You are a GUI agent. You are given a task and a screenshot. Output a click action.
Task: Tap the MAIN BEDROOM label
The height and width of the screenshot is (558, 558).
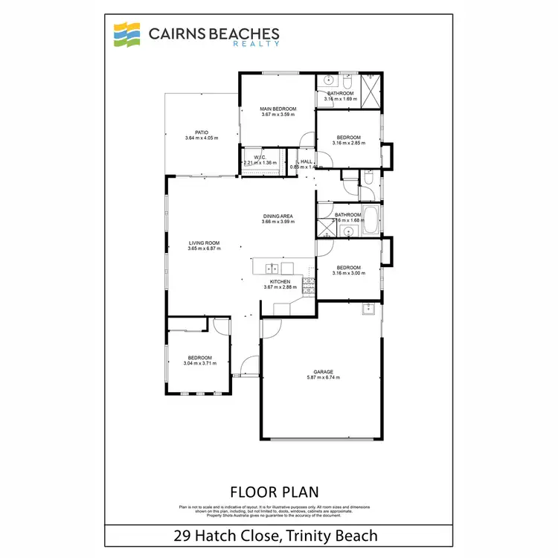[x=279, y=109]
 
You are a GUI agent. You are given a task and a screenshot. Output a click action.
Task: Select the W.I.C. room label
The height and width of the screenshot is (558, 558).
[x=260, y=158]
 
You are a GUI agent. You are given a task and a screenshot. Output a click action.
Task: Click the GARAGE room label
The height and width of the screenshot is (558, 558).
[x=323, y=372]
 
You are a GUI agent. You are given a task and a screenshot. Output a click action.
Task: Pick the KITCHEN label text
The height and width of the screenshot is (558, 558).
[x=280, y=282]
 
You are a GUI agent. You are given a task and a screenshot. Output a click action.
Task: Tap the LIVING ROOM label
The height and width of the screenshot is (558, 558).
[x=204, y=243]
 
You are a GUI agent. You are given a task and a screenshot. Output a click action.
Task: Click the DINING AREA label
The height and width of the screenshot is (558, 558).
[x=278, y=217]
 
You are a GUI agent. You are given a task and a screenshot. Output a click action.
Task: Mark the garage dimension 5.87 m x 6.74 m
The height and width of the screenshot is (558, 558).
[x=323, y=378]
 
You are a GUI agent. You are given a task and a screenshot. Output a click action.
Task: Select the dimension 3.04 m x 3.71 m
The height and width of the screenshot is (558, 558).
[x=199, y=364]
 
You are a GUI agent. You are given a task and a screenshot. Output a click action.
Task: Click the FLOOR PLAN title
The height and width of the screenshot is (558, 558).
[x=275, y=492]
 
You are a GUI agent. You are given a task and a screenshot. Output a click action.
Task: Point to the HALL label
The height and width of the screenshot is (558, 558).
[x=305, y=161]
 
